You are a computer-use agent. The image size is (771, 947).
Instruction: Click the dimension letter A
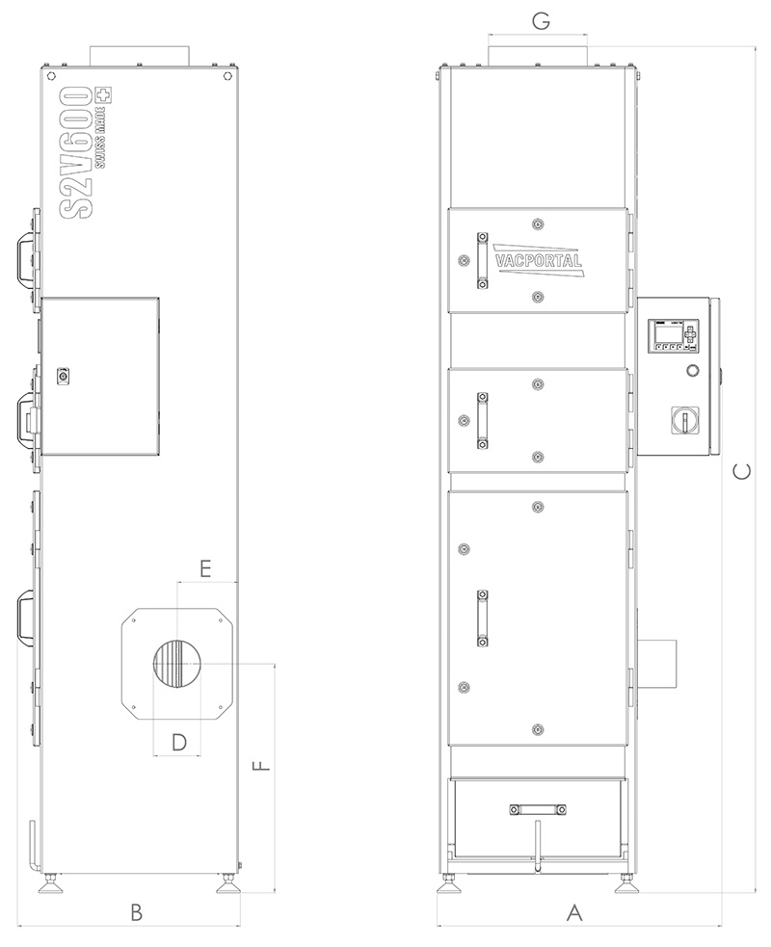574,912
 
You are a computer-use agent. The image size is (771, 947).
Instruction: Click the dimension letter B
137,912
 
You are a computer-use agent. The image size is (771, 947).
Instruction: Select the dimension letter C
741,471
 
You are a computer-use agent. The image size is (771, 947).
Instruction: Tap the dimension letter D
179,742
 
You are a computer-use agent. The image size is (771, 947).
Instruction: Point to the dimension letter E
205,568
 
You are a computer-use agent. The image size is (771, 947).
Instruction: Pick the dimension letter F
261,767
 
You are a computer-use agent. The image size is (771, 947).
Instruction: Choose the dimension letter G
542,21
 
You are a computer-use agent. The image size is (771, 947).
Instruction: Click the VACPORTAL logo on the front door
539,260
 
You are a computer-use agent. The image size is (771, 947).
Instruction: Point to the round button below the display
692,370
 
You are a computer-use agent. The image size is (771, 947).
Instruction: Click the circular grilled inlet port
177,663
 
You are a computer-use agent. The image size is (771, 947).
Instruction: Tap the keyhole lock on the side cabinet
64,376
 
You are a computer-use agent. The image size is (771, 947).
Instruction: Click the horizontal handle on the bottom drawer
538,809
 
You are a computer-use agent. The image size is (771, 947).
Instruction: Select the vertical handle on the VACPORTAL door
482,260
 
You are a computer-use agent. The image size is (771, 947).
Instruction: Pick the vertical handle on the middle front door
482,420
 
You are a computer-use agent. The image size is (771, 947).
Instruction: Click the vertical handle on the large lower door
482,618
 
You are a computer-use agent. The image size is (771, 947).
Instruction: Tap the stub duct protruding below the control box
657,664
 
